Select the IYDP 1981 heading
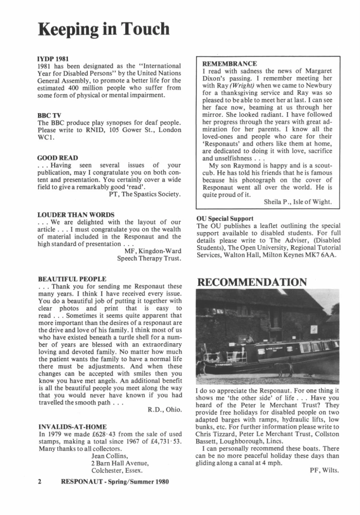tap(54, 58)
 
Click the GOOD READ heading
tap(58, 157)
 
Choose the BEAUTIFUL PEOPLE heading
tap(73, 279)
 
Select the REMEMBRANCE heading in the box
tap(230, 64)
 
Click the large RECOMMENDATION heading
tap(251, 282)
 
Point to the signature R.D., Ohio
tap(165, 410)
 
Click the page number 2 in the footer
tap(40, 481)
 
